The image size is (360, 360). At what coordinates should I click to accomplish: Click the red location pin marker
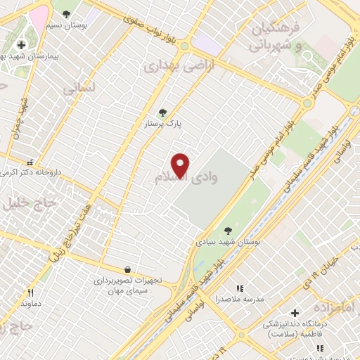point(181,165)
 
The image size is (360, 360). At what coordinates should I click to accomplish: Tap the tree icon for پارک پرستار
point(162,112)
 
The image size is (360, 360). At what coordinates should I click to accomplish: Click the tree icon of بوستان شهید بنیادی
point(228,229)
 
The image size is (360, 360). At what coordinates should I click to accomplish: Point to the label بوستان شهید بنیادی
point(229,241)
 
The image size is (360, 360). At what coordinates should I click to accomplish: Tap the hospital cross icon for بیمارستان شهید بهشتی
point(21,45)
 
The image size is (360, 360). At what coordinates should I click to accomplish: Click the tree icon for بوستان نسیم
point(66,13)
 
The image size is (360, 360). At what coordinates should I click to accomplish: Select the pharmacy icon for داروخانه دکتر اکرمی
point(29,161)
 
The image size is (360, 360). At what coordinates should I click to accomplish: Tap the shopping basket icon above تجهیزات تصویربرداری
point(127,269)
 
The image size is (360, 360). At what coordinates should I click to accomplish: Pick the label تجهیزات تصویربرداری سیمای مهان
point(128,285)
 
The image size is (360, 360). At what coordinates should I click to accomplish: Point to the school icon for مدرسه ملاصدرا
point(240,288)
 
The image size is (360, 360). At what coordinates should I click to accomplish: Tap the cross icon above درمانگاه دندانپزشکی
point(295,312)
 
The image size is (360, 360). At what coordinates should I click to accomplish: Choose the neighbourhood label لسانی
point(77,89)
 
